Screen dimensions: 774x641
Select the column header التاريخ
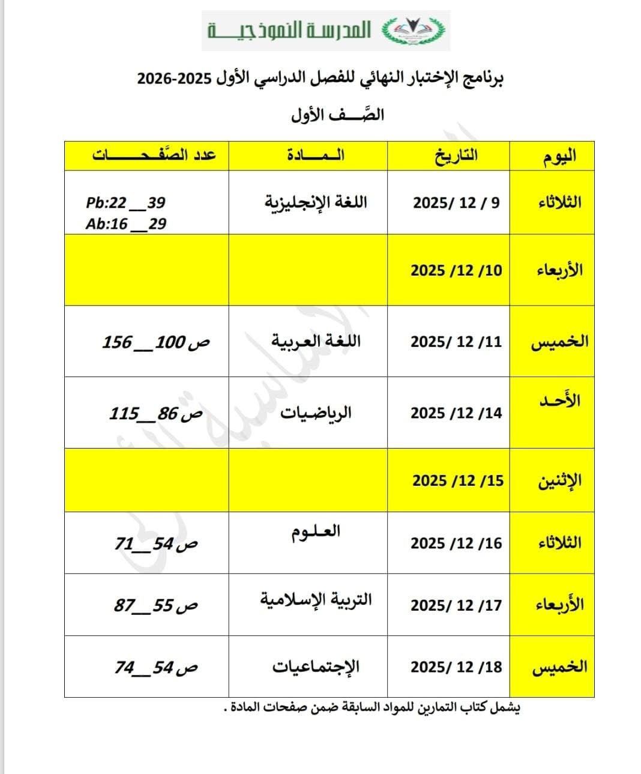456,156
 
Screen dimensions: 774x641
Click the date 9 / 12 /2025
456,202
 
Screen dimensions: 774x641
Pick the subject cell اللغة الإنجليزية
316,202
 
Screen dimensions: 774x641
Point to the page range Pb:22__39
125,203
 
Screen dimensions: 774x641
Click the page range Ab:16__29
125,224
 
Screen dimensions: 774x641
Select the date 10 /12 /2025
456,270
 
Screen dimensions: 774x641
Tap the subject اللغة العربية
316,342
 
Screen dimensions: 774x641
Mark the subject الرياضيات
316,413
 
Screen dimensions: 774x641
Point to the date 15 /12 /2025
457,481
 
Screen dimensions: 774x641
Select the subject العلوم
315,532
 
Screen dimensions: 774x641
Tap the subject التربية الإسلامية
316,599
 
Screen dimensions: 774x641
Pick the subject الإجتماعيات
316,667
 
